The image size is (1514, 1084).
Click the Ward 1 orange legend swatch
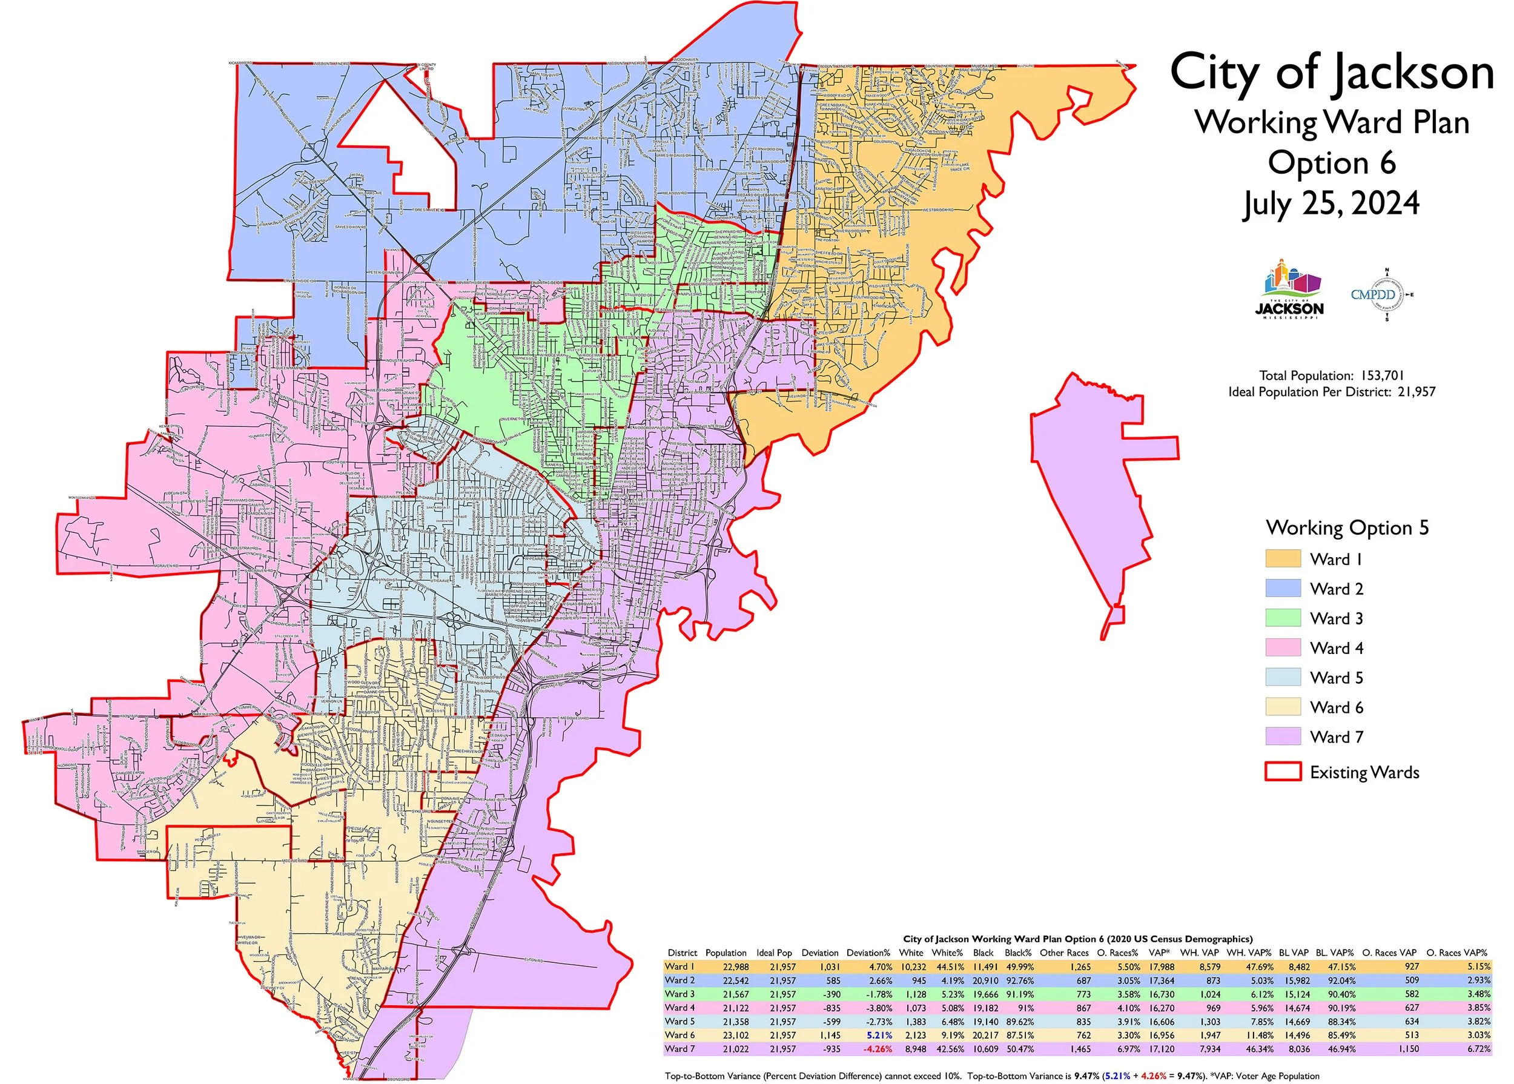(x=1283, y=559)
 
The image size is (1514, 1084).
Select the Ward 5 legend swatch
(x=1283, y=678)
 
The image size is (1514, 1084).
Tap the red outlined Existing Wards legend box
(x=1283, y=772)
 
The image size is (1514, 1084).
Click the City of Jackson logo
(x=1289, y=290)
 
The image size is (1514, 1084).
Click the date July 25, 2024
(x=1331, y=203)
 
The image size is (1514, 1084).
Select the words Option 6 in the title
(x=1331, y=164)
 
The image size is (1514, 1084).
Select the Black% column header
(x=1018, y=953)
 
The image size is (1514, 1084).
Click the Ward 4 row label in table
(x=679, y=1008)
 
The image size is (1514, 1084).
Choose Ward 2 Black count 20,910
(x=985, y=980)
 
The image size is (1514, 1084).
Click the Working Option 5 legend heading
(x=1347, y=528)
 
